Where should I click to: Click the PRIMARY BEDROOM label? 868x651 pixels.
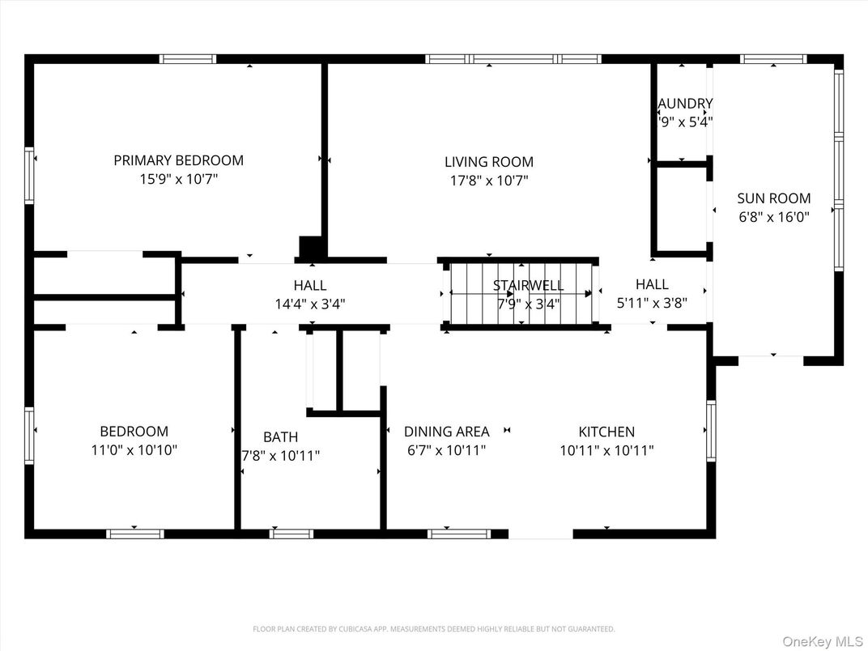(178, 160)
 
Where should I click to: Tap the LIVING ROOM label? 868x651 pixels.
(488, 162)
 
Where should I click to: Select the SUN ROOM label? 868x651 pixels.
(773, 198)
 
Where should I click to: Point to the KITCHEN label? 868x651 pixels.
(606, 432)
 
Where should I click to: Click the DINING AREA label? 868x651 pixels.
(446, 432)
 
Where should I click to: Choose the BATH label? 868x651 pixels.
(280, 437)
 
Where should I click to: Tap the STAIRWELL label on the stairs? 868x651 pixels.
(528, 286)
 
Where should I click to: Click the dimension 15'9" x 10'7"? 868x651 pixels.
(178, 180)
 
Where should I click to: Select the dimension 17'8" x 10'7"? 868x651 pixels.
(488, 181)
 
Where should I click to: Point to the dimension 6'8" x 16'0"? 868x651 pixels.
(773, 217)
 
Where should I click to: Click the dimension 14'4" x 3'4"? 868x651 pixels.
(309, 304)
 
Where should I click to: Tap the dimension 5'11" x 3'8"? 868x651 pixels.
(652, 303)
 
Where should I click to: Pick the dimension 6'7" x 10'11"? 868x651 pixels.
(446, 451)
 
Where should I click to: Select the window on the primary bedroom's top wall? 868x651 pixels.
(188, 59)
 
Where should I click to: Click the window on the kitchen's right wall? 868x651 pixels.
(711, 431)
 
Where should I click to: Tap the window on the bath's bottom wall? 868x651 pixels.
(291, 534)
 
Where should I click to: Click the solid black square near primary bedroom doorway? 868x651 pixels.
(310, 246)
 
